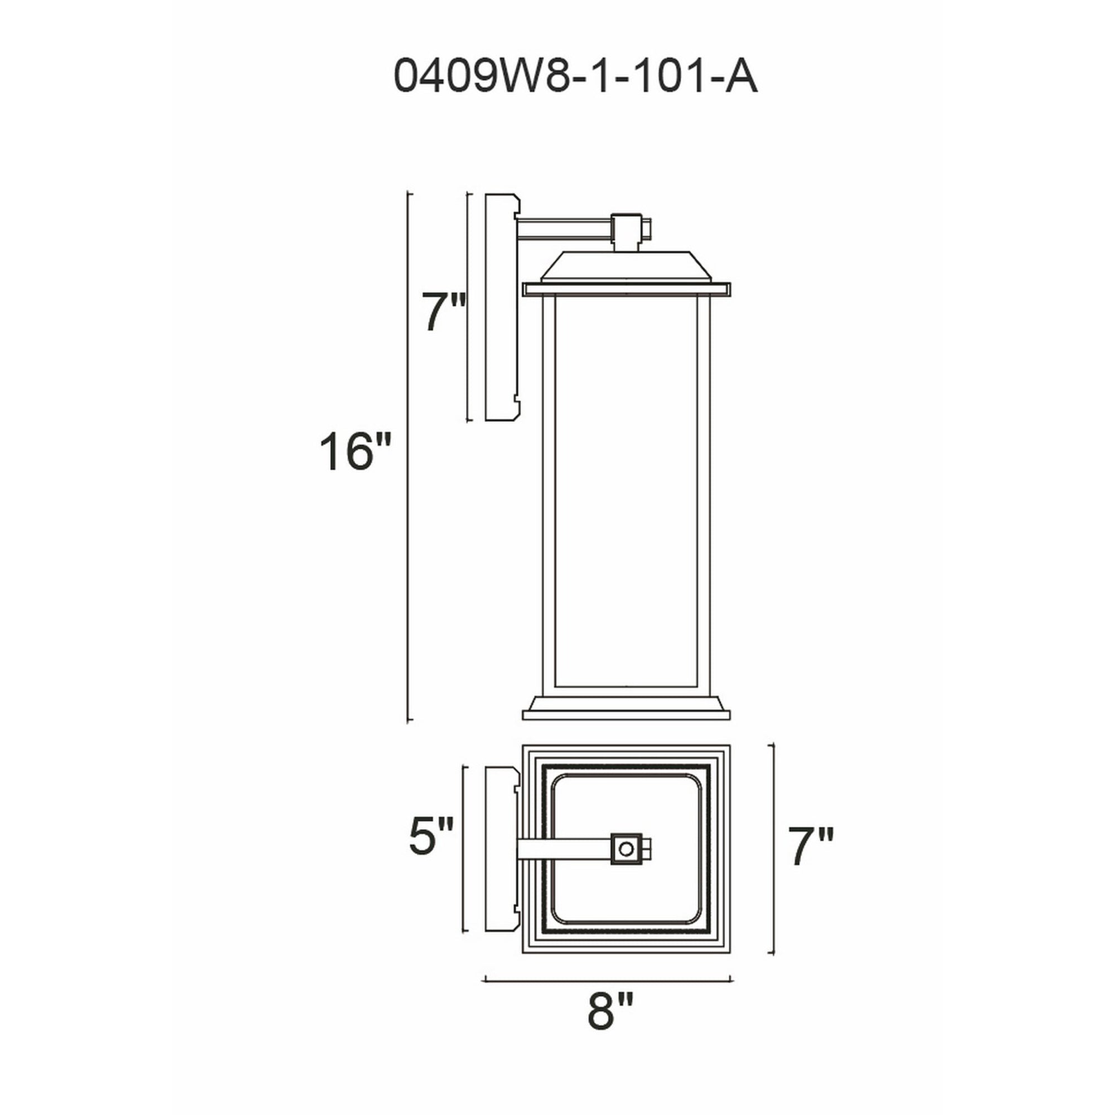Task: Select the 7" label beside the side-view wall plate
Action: click(443, 313)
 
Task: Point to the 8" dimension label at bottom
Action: click(610, 1011)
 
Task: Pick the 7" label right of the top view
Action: click(811, 847)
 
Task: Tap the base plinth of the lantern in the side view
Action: click(626, 709)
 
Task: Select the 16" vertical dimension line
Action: click(409, 456)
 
